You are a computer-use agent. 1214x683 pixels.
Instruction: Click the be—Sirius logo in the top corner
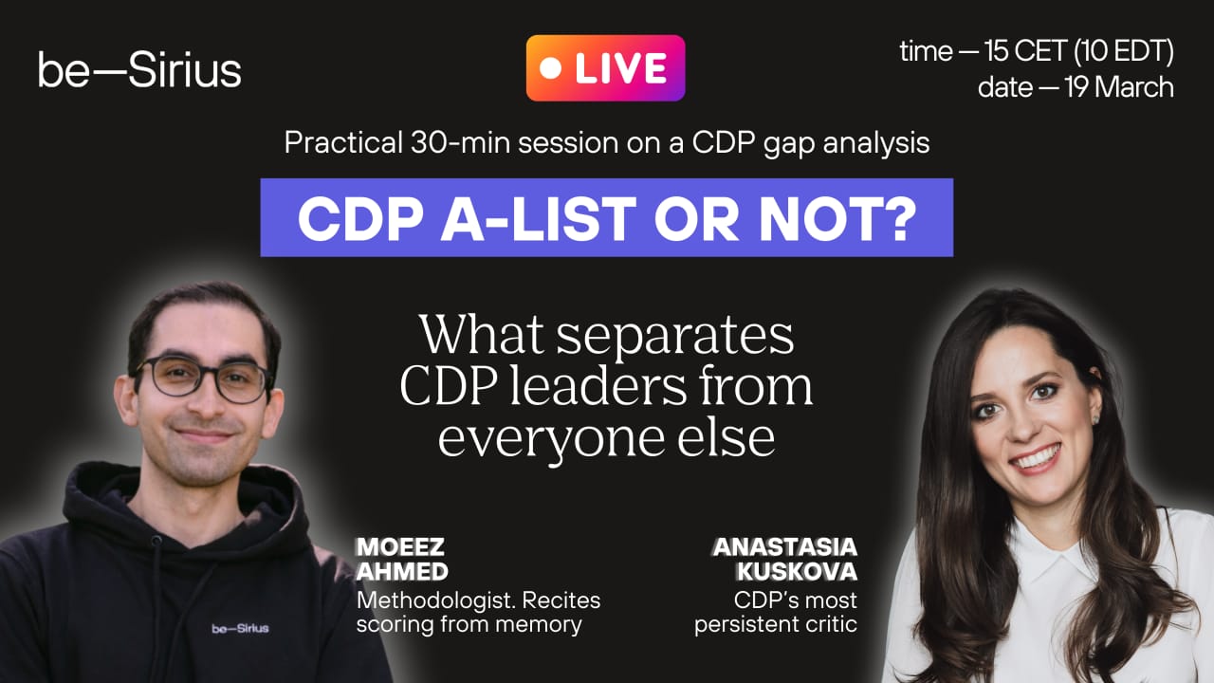click(x=139, y=69)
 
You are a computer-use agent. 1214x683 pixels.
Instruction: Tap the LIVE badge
click(x=605, y=67)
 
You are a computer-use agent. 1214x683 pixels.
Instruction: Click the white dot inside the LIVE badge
click(x=551, y=68)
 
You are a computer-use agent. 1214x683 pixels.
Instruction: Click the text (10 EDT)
click(x=1125, y=52)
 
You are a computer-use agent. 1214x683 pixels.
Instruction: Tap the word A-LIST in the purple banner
click(x=538, y=218)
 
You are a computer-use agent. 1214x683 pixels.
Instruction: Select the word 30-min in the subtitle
click(x=460, y=142)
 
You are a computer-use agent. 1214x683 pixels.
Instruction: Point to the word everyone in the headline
click(x=551, y=439)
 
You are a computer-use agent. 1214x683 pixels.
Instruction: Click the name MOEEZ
click(x=400, y=547)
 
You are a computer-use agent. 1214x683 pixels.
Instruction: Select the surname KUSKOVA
click(x=797, y=571)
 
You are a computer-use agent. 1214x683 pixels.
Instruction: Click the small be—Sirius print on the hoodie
click(x=240, y=628)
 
